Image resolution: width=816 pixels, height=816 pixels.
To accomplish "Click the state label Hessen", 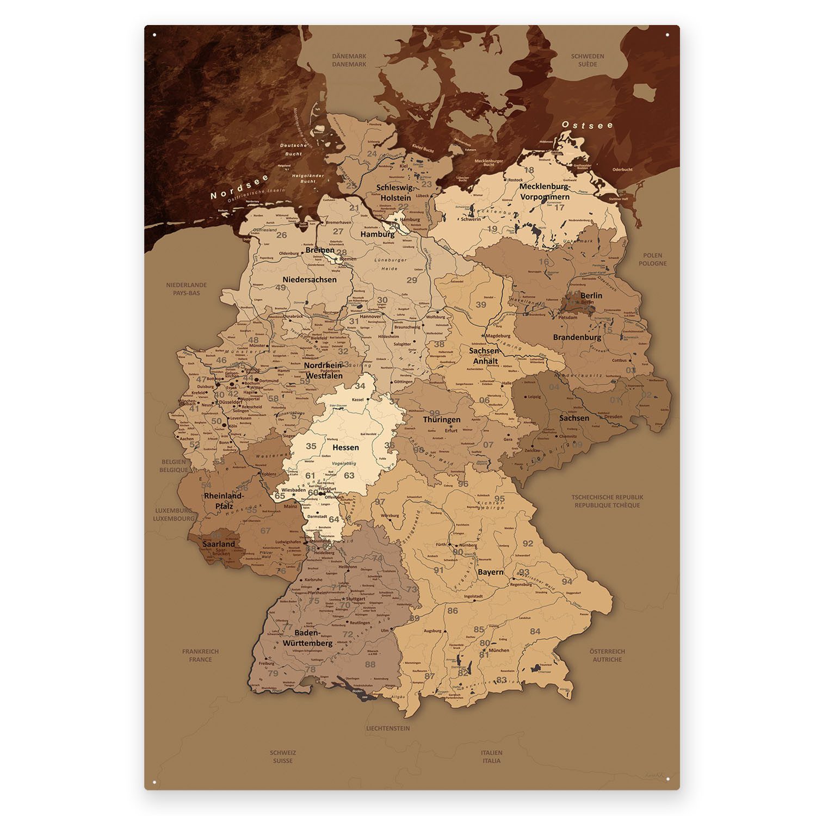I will coord(345,447).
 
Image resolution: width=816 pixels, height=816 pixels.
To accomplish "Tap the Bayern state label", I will coord(490,572).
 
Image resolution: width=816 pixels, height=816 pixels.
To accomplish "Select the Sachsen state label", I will coord(574,418).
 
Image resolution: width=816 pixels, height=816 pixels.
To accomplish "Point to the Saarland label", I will coord(219,543).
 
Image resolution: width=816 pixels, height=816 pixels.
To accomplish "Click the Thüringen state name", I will coord(442,419).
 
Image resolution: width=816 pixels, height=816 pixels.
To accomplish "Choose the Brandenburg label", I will coord(577,337).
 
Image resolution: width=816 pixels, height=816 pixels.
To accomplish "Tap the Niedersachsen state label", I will coord(310,280).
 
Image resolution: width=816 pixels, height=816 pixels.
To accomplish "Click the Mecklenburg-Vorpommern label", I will coord(544,191).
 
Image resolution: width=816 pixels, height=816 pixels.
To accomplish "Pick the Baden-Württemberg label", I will coord(307,638).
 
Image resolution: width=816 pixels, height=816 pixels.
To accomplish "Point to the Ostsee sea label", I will coord(587,125).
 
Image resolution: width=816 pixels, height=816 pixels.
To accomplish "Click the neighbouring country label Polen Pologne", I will coord(652,259).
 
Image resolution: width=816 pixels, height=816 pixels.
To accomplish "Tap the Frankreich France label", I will coord(201,655).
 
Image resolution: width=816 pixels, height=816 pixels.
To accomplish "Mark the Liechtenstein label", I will coord(388,728).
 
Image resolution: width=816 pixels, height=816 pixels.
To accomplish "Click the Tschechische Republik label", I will coord(607,501).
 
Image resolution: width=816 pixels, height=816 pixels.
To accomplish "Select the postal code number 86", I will coord(453,611).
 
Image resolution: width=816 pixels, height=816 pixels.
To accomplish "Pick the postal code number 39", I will coord(481,305).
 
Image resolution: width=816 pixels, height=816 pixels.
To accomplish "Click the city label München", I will coord(499,650).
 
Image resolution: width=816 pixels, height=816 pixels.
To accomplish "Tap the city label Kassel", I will coord(357,399).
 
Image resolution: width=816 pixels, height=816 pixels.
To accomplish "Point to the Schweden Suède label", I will coord(588,60).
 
